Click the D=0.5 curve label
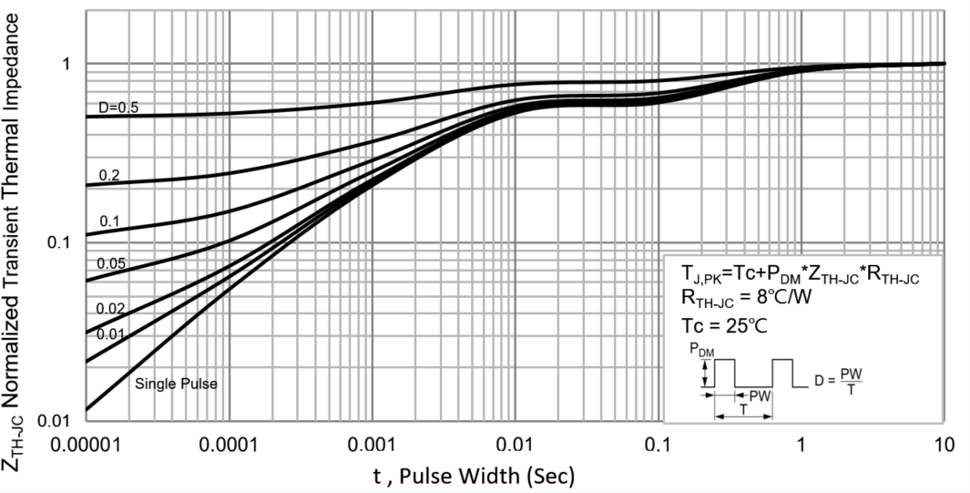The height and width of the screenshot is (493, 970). coord(118,108)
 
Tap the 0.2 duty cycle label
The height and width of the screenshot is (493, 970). coord(109,175)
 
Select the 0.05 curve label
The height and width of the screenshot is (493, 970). coord(113,263)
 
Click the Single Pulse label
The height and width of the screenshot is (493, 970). coord(176,384)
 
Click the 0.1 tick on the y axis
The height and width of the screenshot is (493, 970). coord(60,242)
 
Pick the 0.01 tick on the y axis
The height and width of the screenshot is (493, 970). coord(56,420)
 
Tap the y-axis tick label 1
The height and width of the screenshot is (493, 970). coord(66,65)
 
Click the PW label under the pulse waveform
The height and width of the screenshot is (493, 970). coord(760,396)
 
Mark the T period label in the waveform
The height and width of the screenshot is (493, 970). coord(743,410)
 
